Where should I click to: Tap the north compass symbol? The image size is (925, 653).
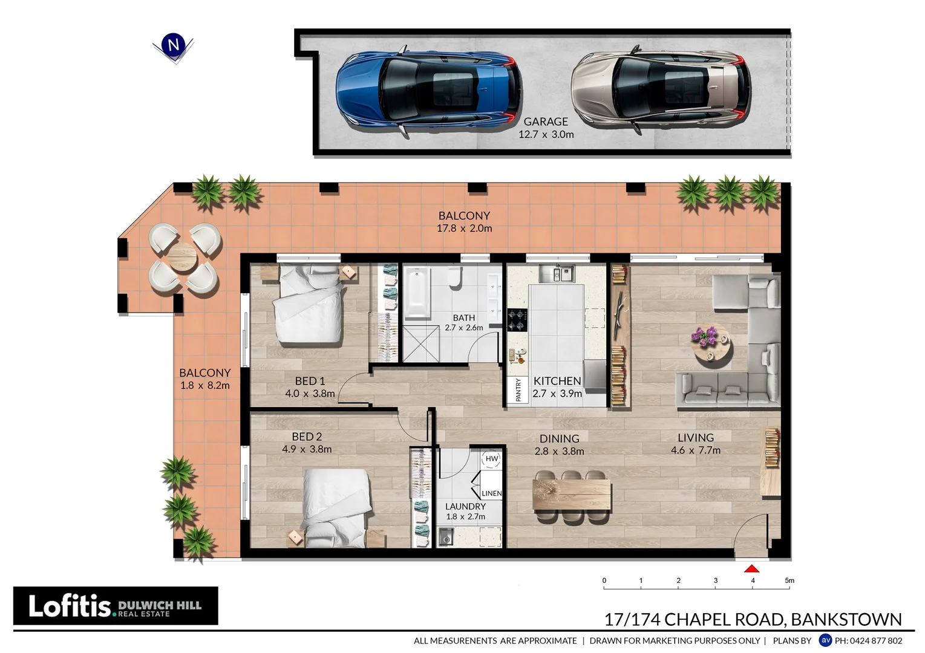[x=174, y=45]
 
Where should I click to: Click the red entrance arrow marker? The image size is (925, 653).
[x=751, y=568]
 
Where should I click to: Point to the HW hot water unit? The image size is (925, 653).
[x=491, y=459]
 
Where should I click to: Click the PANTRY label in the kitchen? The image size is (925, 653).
[x=518, y=390]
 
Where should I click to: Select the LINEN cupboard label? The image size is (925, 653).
[x=491, y=493]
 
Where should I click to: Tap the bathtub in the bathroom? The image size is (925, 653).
[x=417, y=293]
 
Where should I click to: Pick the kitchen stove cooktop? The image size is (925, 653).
[x=517, y=319]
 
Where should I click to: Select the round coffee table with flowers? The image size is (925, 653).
[x=712, y=344]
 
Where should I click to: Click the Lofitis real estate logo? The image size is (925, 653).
[x=116, y=605]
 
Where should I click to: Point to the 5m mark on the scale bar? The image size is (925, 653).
[x=789, y=581]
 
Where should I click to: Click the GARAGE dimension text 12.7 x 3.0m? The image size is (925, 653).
[x=546, y=135]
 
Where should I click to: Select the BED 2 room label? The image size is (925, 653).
[x=307, y=437]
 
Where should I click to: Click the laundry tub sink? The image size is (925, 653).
[x=446, y=536]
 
